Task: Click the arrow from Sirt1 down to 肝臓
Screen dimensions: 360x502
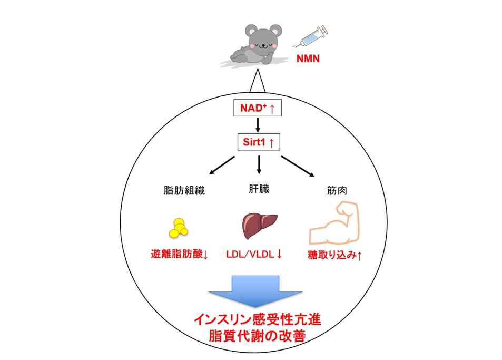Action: [x=258, y=165]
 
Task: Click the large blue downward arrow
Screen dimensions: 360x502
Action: [x=255, y=290]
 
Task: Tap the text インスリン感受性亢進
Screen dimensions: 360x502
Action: [x=257, y=319]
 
